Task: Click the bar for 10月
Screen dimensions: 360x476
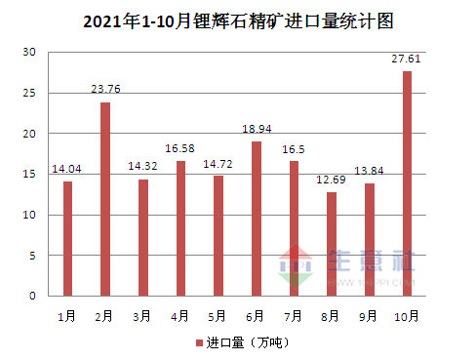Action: (x=407, y=183)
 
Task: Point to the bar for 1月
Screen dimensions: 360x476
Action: (x=67, y=238)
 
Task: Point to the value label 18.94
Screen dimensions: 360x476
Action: (x=256, y=130)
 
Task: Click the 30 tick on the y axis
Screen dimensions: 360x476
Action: (x=30, y=52)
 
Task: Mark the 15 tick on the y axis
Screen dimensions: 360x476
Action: (x=30, y=174)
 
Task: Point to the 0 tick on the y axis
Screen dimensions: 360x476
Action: (x=33, y=296)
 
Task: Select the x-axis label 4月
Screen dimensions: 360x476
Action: (x=180, y=316)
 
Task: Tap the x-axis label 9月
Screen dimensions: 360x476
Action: (x=369, y=316)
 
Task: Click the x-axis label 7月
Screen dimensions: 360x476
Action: (x=294, y=316)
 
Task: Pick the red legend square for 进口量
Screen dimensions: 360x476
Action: (x=199, y=343)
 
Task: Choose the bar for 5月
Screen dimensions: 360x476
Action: (x=218, y=235)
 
